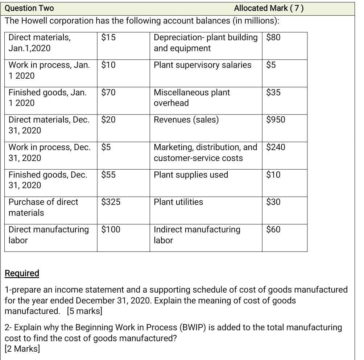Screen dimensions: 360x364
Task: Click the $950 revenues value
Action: tap(276, 120)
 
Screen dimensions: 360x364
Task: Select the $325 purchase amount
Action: tap(111, 202)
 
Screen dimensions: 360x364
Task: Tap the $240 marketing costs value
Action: tap(276, 147)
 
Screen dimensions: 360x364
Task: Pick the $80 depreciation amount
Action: tap(273, 37)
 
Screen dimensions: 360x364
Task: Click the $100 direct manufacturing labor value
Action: tap(111, 229)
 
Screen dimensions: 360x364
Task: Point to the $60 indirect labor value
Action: tap(273, 229)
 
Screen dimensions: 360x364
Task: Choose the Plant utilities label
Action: tap(178, 202)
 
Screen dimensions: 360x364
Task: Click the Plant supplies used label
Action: tap(191, 175)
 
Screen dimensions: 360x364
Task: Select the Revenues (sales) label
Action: tap(186, 120)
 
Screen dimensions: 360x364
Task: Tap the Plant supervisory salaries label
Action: tap(202, 65)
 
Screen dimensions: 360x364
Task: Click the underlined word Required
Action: tap(22, 273)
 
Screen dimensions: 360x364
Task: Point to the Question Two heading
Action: tap(29, 8)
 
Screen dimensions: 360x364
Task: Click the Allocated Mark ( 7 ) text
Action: tap(269, 8)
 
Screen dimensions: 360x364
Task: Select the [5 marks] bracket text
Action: tap(84, 311)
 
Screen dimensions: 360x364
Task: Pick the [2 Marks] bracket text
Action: tap(22, 349)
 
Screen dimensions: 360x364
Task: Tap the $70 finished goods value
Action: tap(108, 92)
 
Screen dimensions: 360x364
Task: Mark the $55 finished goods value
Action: tap(108, 175)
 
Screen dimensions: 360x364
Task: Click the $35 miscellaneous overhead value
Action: tap(273, 92)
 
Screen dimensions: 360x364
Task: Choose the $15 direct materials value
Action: tap(108, 37)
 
